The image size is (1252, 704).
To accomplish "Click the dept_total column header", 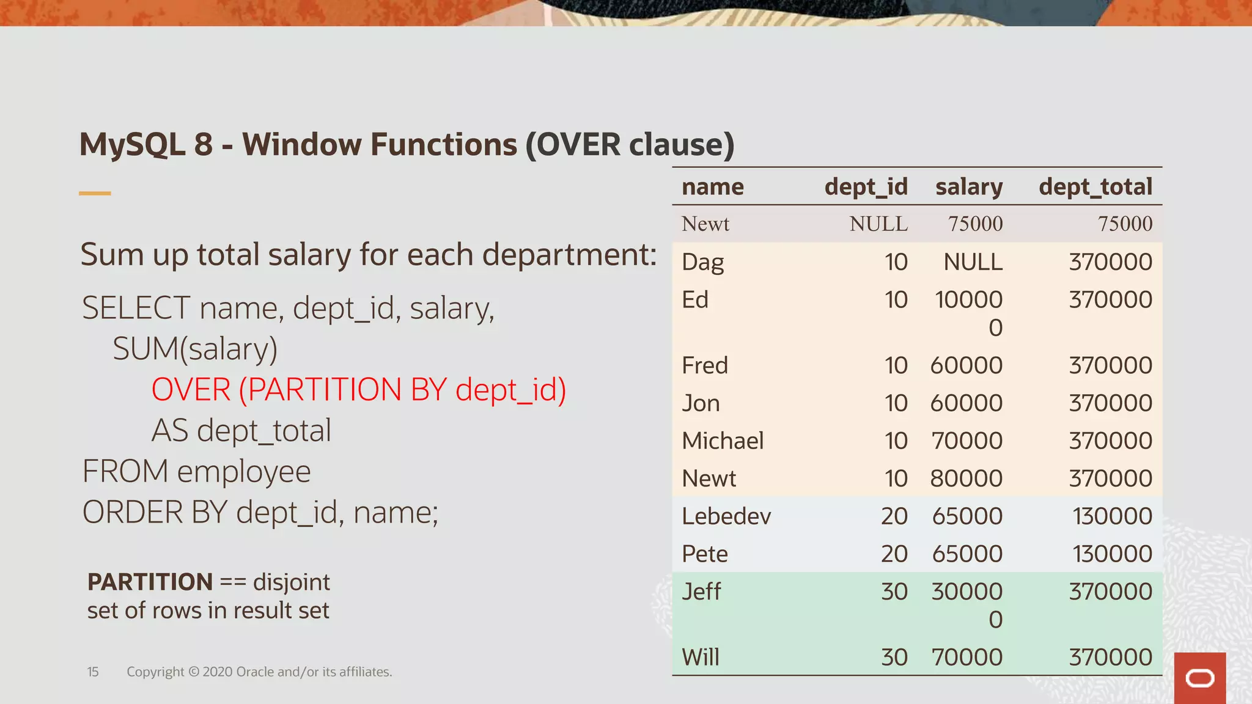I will pos(1095,187).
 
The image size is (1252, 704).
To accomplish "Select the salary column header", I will pos(968,187).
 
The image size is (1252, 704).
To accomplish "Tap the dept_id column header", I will pos(866,187).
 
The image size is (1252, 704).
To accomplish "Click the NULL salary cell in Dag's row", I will pos(973,262).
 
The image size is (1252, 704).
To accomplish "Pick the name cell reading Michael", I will pos(723,441).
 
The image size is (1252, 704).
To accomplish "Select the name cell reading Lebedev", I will pos(726,516).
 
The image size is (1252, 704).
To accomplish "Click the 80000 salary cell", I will pos(966,479).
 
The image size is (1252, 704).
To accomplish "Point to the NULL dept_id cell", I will pos(878,224).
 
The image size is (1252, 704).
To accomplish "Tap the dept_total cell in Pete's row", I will pos(1112,554).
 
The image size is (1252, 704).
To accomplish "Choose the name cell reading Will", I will pos(701,658).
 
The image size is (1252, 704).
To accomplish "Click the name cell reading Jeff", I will pos(701,592).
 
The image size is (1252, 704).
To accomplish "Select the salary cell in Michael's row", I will pos(967,441).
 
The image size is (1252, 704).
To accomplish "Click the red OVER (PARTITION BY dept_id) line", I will pos(358,389).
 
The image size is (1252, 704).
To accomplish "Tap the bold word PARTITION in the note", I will pos(150,582).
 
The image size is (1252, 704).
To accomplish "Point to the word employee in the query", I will pos(244,471).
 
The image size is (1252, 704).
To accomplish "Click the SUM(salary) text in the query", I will pos(195,349).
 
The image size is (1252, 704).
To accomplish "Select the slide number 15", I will pos(93,672).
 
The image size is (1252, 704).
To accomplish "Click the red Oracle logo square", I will pos(1199,678).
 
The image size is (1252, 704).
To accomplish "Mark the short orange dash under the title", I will pos(95,193).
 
